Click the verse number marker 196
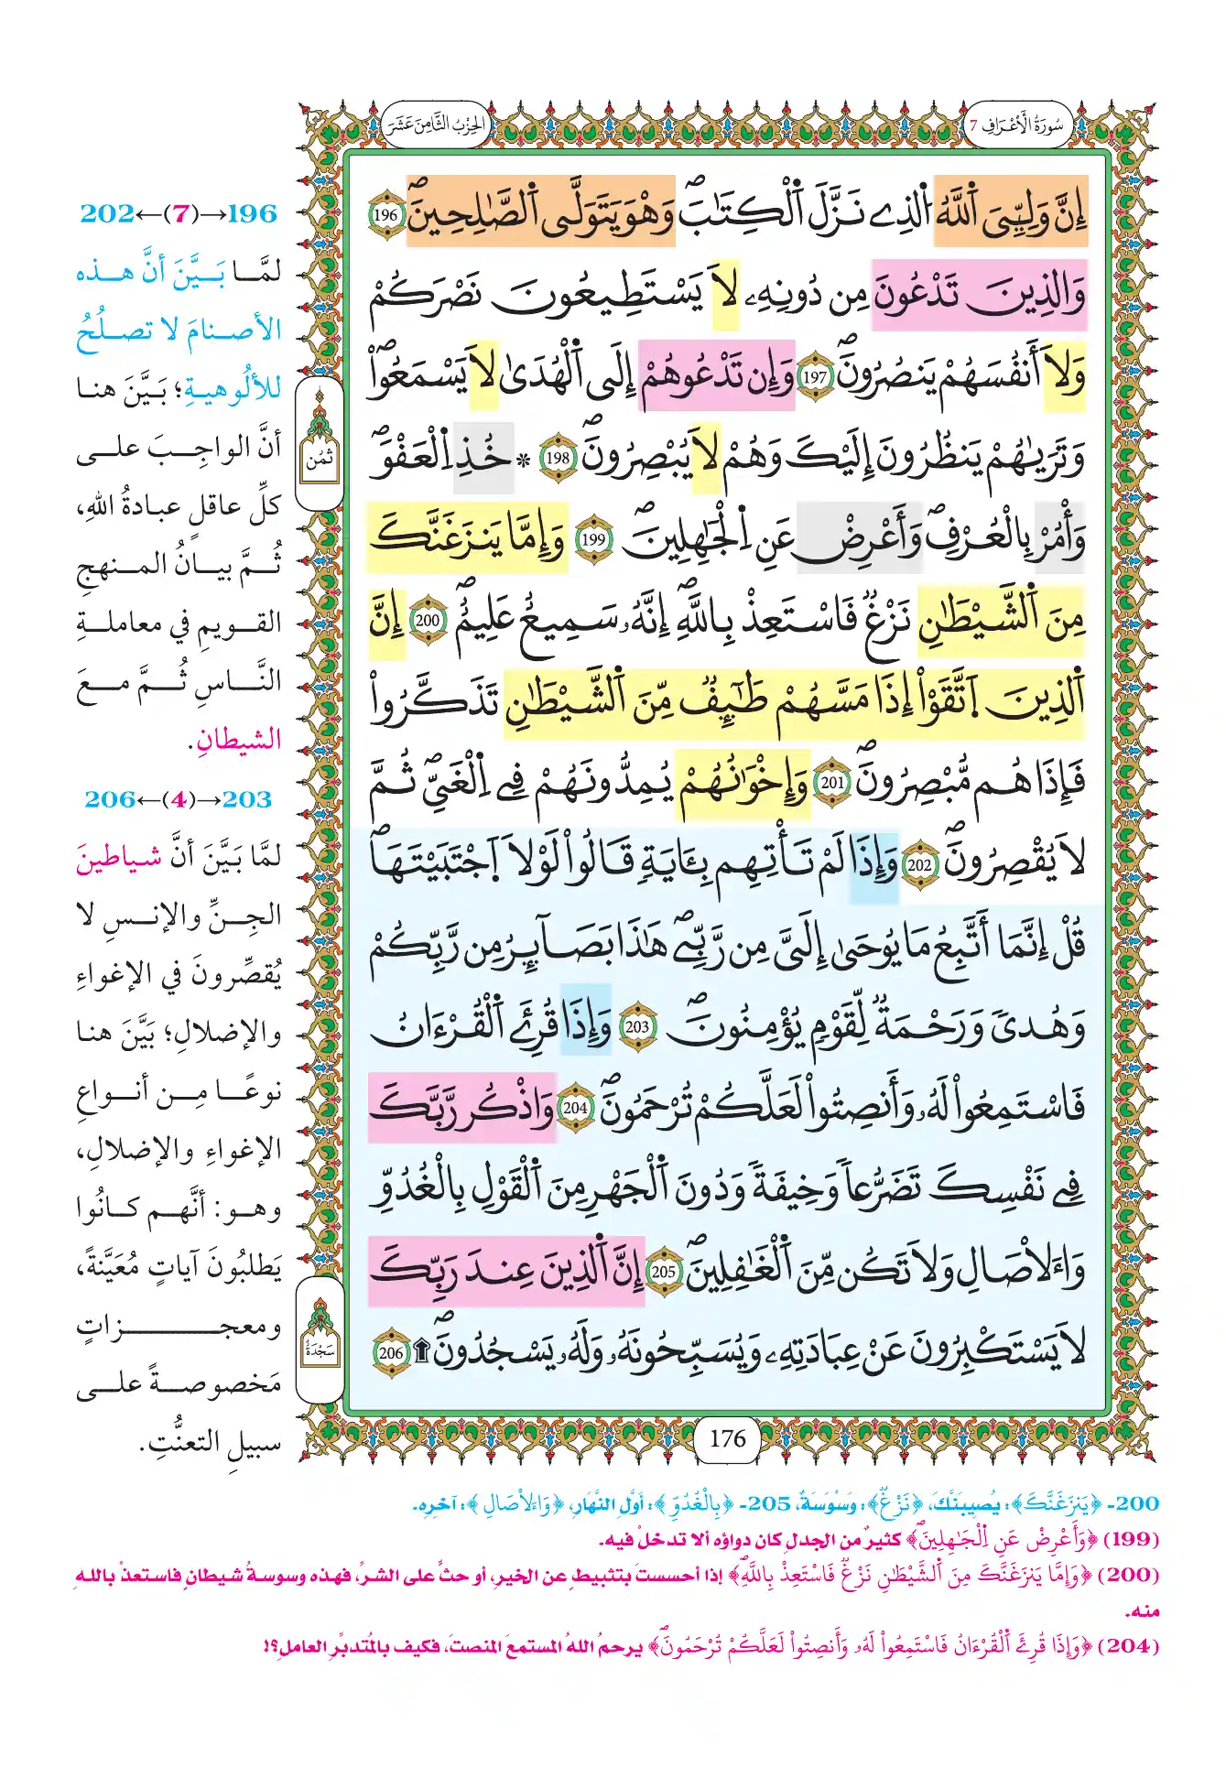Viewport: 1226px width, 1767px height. click(x=386, y=217)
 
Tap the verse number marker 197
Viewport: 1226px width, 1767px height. click(x=814, y=376)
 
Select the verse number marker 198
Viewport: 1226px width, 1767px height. click(x=558, y=458)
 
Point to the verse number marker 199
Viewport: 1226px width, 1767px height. click(x=593, y=539)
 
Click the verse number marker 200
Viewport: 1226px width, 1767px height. click(x=428, y=620)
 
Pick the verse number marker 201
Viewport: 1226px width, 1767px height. click(x=832, y=783)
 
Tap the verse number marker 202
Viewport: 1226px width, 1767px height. click(x=918, y=864)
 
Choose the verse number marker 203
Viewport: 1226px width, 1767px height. click(x=636, y=1026)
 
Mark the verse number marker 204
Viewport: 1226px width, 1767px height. click(x=575, y=1108)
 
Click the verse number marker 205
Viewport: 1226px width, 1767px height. click(x=663, y=1272)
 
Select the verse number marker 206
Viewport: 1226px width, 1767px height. click(x=391, y=1352)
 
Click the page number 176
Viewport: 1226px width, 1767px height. click(x=728, y=1438)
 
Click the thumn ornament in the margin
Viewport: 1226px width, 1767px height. click(x=320, y=444)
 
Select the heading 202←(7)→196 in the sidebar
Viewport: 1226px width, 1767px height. click(x=179, y=213)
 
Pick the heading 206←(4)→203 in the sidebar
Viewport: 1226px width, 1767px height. click(x=179, y=799)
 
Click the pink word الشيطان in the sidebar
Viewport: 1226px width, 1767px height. click(x=236, y=740)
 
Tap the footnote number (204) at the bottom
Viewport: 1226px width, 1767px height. click(x=1130, y=1645)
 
